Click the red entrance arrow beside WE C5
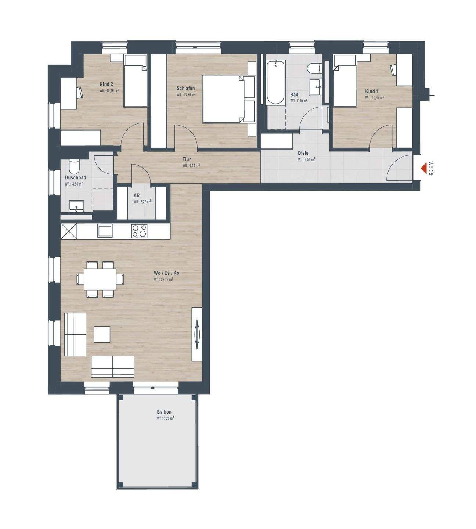(423, 169)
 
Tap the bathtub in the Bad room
(276, 82)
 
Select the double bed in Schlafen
(229, 99)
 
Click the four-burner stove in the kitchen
(140, 231)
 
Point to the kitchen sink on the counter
(105, 231)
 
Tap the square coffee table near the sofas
(102, 334)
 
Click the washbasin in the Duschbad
(76, 206)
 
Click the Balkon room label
(164, 412)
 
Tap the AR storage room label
(137, 196)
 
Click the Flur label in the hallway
(187, 159)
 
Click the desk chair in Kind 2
(80, 93)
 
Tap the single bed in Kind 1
(345, 80)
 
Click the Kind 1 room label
(372, 91)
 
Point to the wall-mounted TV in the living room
(197, 334)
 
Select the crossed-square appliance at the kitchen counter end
(69, 231)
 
